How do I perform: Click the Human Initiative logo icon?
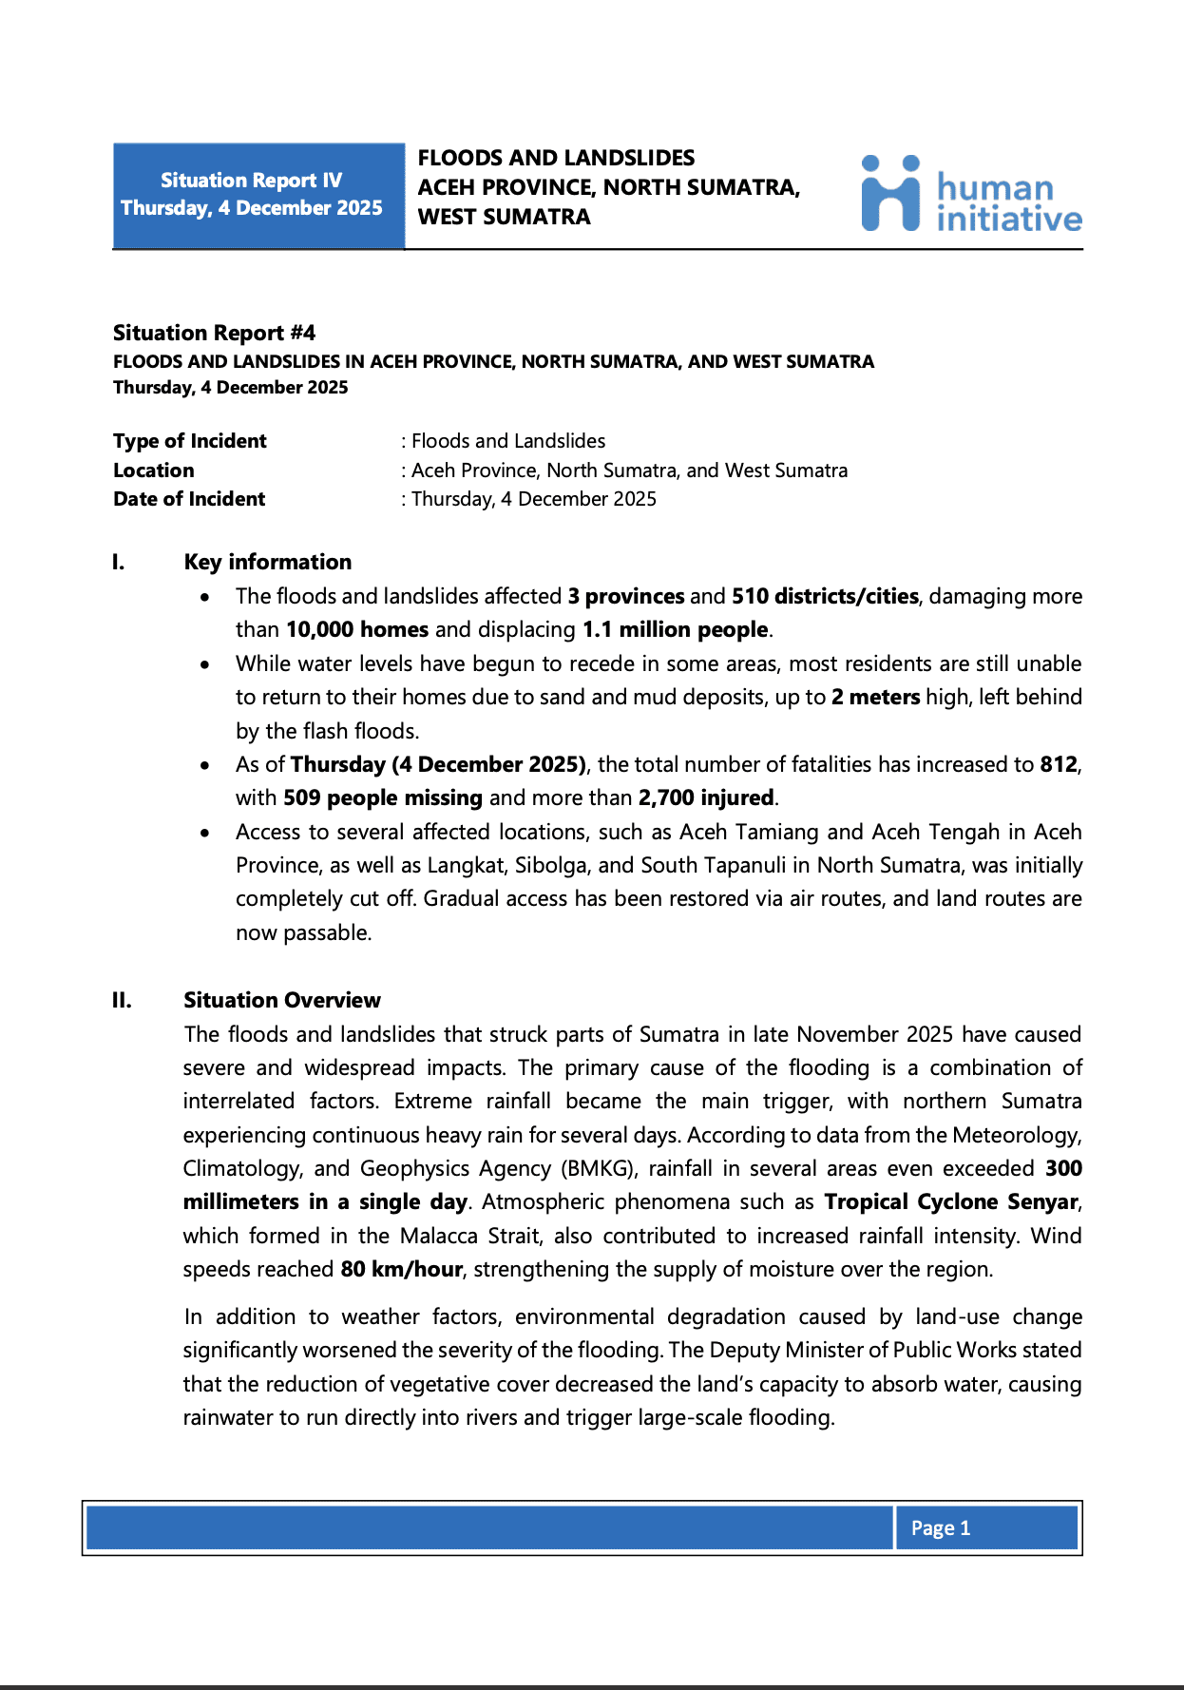point(890,194)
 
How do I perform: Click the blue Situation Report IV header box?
point(258,196)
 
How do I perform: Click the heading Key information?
point(268,562)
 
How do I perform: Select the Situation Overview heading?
point(282,1000)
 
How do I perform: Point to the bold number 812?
point(1059,764)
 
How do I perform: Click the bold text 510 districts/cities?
point(825,596)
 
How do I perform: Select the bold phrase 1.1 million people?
point(676,629)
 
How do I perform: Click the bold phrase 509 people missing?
point(383,797)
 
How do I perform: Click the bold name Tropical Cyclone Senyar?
point(951,1201)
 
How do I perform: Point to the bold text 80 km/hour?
point(401,1269)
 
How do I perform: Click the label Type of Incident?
point(190,441)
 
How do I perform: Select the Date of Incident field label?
point(189,499)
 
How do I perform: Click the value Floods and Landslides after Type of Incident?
point(507,441)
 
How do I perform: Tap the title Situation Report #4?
point(214,333)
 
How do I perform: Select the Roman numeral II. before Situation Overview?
point(123,1000)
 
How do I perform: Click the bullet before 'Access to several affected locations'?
point(205,833)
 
